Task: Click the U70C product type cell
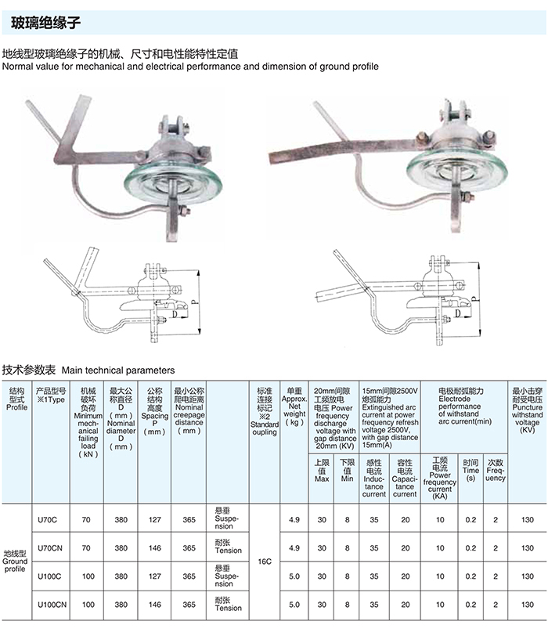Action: pyautogui.click(x=49, y=519)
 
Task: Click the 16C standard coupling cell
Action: pyautogui.click(x=265, y=562)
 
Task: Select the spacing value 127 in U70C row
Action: pyautogui.click(x=154, y=519)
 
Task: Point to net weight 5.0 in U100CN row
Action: pyautogui.click(x=294, y=604)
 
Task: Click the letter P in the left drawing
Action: pyautogui.click(x=193, y=300)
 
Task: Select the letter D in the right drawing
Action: pyautogui.click(x=455, y=313)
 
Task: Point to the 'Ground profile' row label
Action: pyautogui.click(x=15, y=562)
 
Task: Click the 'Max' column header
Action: pyautogui.click(x=321, y=470)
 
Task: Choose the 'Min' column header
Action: pyautogui.click(x=347, y=470)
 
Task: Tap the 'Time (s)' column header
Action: pyautogui.click(x=470, y=470)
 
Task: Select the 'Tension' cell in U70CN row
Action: pyautogui.click(x=228, y=547)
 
